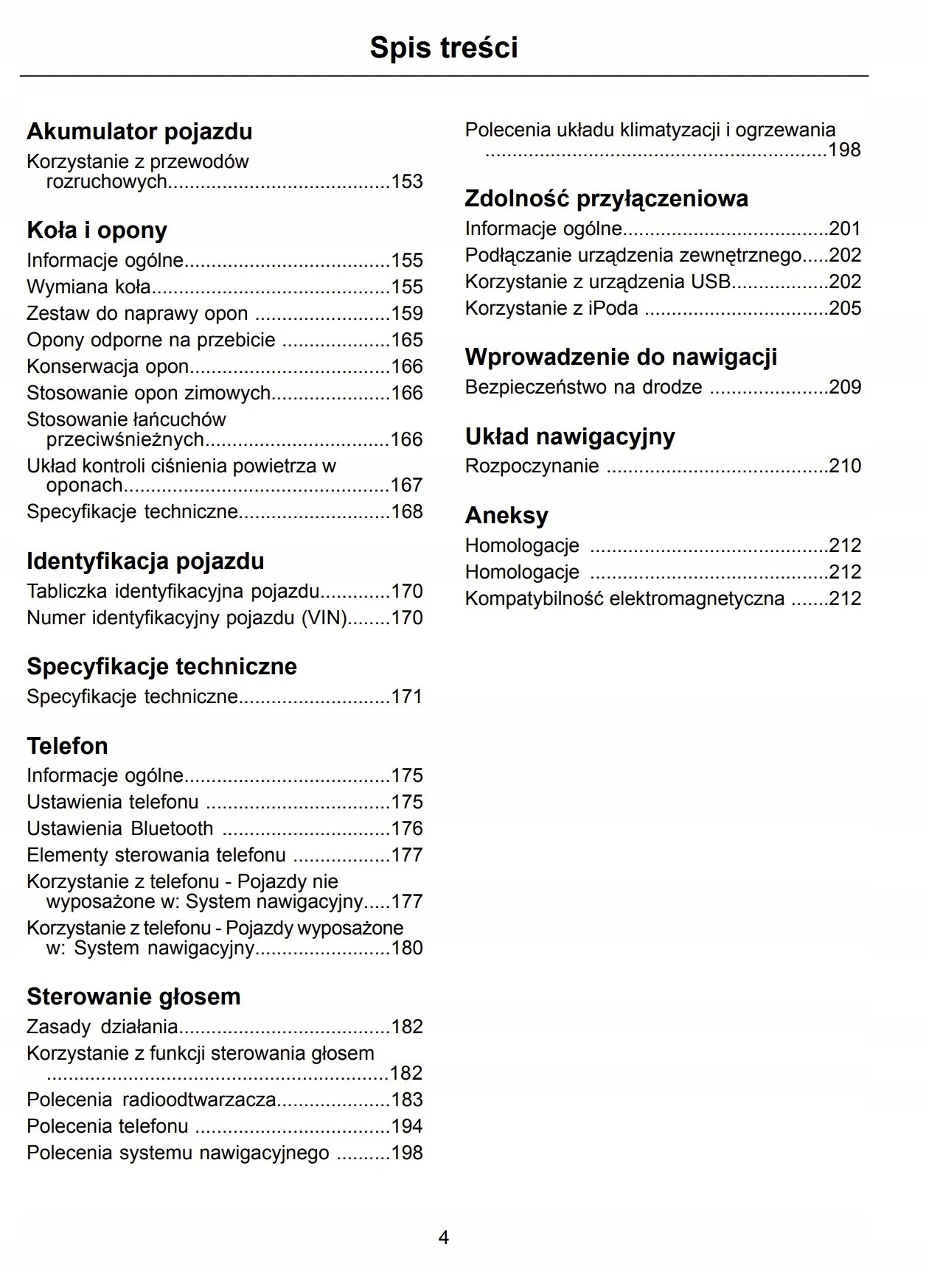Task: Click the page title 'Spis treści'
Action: (x=443, y=48)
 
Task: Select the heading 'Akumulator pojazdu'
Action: (x=139, y=132)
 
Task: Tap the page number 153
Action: (x=407, y=181)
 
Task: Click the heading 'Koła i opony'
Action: (x=97, y=231)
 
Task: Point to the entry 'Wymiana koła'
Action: (x=88, y=287)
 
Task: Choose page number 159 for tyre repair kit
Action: (x=407, y=313)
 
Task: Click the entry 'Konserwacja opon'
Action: (x=108, y=366)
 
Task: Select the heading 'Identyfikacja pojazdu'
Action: (x=145, y=562)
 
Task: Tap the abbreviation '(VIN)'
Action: (x=324, y=618)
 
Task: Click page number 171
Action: (x=407, y=696)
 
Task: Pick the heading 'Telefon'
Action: (x=67, y=746)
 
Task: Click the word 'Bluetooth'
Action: (x=172, y=828)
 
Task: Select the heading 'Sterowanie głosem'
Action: (x=133, y=997)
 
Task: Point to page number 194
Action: (x=407, y=1126)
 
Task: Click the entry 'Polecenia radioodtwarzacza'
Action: (x=151, y=1100)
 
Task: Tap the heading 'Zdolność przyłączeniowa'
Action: (x=606, y=199)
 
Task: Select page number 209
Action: (x=845, y=387)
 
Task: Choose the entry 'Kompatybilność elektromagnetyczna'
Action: (x=624, y=598)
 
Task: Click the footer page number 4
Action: (x=444, y=1237)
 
